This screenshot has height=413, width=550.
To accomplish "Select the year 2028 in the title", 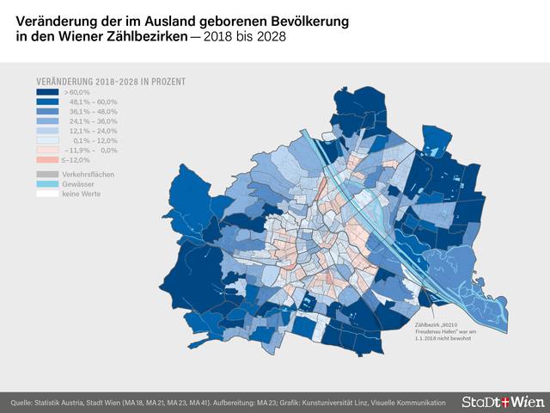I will tap(271, 39).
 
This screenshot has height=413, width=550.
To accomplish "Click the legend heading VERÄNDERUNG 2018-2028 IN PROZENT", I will tap(111, 82).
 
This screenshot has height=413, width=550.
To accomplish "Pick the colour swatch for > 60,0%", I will tap(46, 92).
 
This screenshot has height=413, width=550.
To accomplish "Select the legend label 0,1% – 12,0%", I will tap(95, 140).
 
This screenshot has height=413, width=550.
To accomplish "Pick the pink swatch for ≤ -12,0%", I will tap(46, 160).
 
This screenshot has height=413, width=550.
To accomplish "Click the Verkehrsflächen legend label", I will tap(88, 174).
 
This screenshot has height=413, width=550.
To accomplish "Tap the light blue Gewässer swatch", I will tap(46, 184).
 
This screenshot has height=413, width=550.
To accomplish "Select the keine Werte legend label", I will tap(82, 194).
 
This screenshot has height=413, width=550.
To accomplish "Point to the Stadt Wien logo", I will tap(502, 402).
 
